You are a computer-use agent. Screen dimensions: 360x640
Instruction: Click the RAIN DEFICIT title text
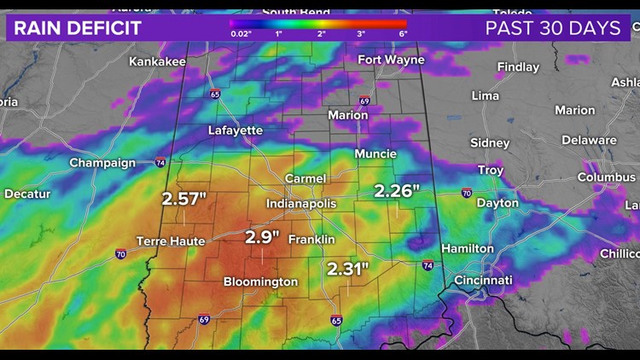(78, 28)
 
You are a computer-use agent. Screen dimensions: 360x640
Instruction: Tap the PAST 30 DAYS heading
(553, 28)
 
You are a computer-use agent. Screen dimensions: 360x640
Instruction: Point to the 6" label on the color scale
(403, 34)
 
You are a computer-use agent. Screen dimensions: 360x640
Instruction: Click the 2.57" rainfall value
(185, 199)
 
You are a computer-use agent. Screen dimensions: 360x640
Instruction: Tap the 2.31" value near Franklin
(347, 269)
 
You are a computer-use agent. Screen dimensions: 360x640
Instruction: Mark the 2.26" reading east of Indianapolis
(396, 190)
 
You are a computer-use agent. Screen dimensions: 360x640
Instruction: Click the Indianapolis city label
(301, 204)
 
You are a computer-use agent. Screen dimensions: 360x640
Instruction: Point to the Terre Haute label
(171, 241)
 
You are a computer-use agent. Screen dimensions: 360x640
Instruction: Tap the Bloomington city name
(260, 282)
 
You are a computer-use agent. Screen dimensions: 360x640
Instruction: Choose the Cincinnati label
(483, 280)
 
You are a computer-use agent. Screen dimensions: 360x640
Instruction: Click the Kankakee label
(158, 61)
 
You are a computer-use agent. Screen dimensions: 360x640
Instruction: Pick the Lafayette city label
(236, 131)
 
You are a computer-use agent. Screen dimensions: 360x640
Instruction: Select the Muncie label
(375, 154)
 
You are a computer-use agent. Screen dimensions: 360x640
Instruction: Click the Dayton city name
(497, 203)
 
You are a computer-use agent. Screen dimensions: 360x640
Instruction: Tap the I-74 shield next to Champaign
(160, 162)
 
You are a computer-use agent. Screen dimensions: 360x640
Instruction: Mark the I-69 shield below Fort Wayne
(364, 100)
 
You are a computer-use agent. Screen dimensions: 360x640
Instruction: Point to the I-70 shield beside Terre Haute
(120, 253)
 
